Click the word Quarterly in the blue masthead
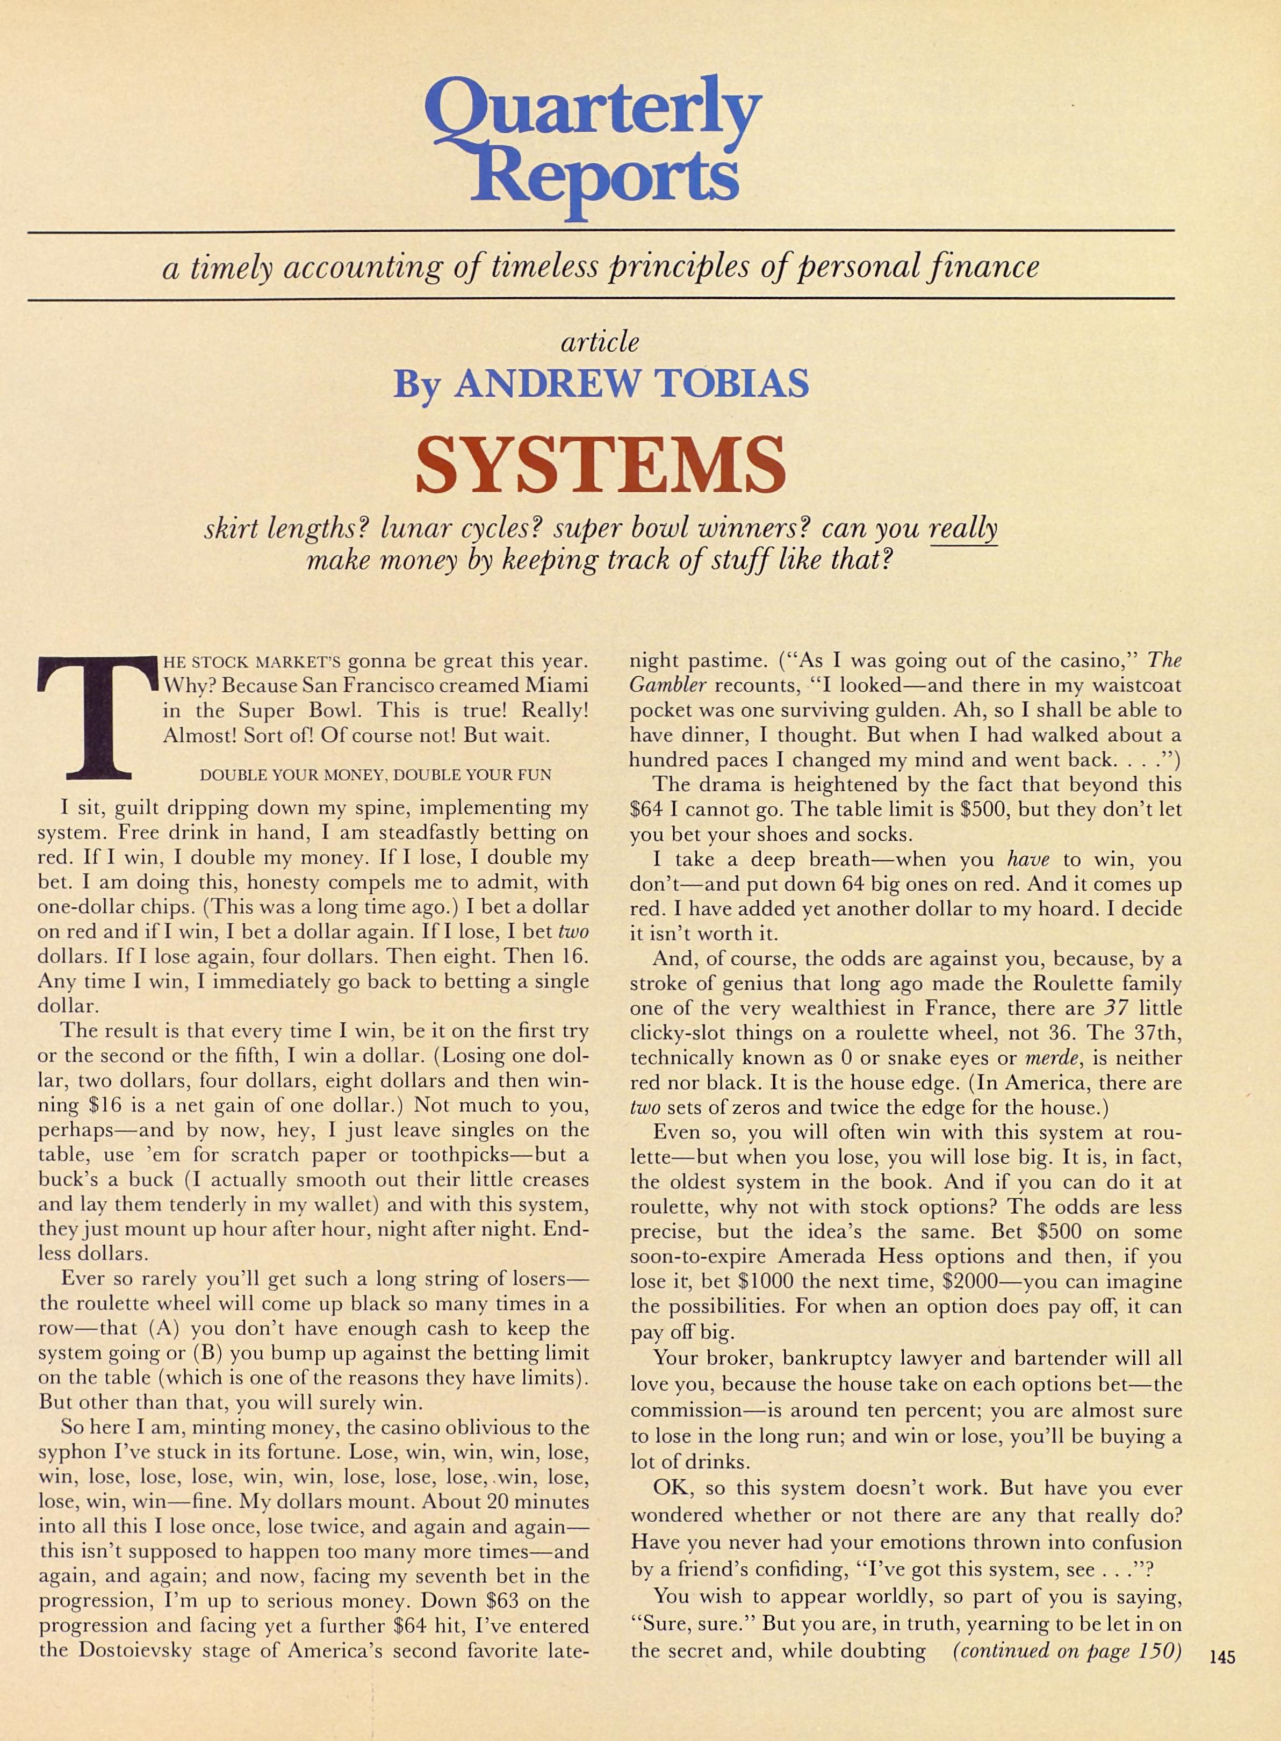point(593,116)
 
